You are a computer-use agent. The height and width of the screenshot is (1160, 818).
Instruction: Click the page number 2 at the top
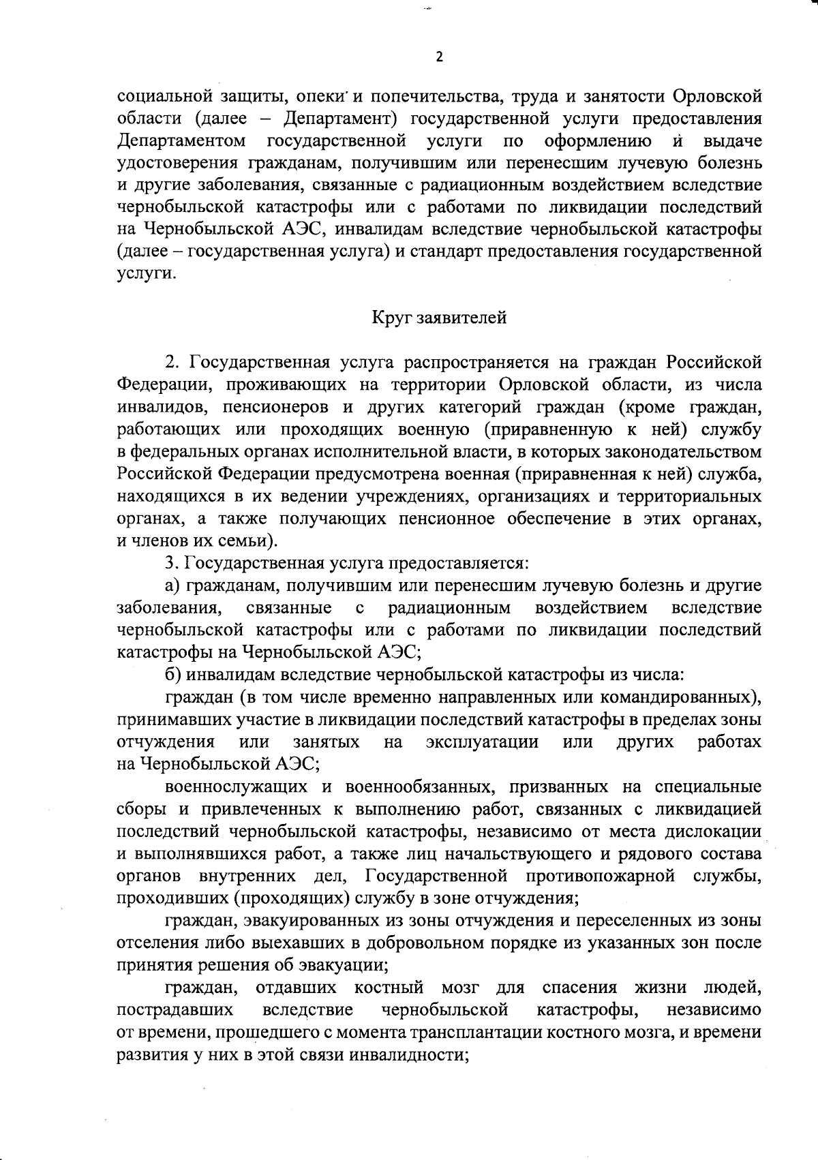coord(439,57)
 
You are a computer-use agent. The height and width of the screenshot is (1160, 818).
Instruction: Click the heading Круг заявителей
coord(439,318)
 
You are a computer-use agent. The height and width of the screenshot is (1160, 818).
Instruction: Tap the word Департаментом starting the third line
coord(181,141)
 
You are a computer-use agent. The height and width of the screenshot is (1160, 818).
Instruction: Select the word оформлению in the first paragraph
coord(598,141)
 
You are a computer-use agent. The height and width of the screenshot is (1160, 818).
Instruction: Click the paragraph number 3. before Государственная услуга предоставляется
coord(172,564)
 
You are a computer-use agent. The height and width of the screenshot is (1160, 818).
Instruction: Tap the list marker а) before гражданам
coord(173,585)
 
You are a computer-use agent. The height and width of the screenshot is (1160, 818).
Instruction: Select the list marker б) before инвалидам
coord(173,675)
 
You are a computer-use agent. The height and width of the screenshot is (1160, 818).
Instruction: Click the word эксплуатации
coord(482,742)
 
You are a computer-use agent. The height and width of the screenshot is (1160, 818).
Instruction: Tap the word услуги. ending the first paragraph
coord(145,274)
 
